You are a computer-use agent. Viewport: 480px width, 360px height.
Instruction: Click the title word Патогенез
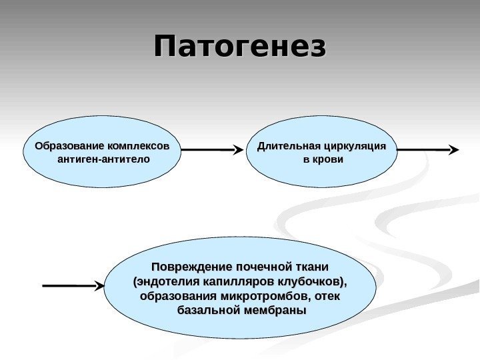tap(241, 48)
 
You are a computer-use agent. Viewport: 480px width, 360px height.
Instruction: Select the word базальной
tap(206, 311)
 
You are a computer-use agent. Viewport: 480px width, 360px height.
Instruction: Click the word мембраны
tap(271, 311)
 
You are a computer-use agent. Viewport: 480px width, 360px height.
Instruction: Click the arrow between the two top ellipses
tap(211, 151)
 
